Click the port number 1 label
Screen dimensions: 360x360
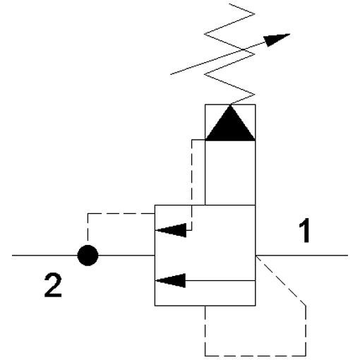pos(305,231)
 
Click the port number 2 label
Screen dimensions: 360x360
pos(53,284)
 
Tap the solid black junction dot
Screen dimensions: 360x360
pos(88,256)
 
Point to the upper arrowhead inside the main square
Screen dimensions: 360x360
pos(171,230)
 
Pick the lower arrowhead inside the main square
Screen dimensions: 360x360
pos(171,280)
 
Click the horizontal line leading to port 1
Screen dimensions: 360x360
pos(301,256)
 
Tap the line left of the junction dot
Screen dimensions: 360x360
pos(44,256)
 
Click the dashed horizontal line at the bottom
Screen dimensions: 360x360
pos(256,356)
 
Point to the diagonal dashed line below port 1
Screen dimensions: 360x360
pos(281,281)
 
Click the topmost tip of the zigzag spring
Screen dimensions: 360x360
pos(229,4)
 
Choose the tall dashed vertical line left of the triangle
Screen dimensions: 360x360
pos(192,185)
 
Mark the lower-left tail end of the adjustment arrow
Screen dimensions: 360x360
pos(171,75)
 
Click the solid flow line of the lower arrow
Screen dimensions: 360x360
pos(220,280)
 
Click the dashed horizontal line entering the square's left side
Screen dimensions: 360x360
pos(121,213)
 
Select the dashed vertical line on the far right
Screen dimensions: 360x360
pos(306,331)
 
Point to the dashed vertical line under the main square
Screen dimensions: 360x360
pos(205,331)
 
